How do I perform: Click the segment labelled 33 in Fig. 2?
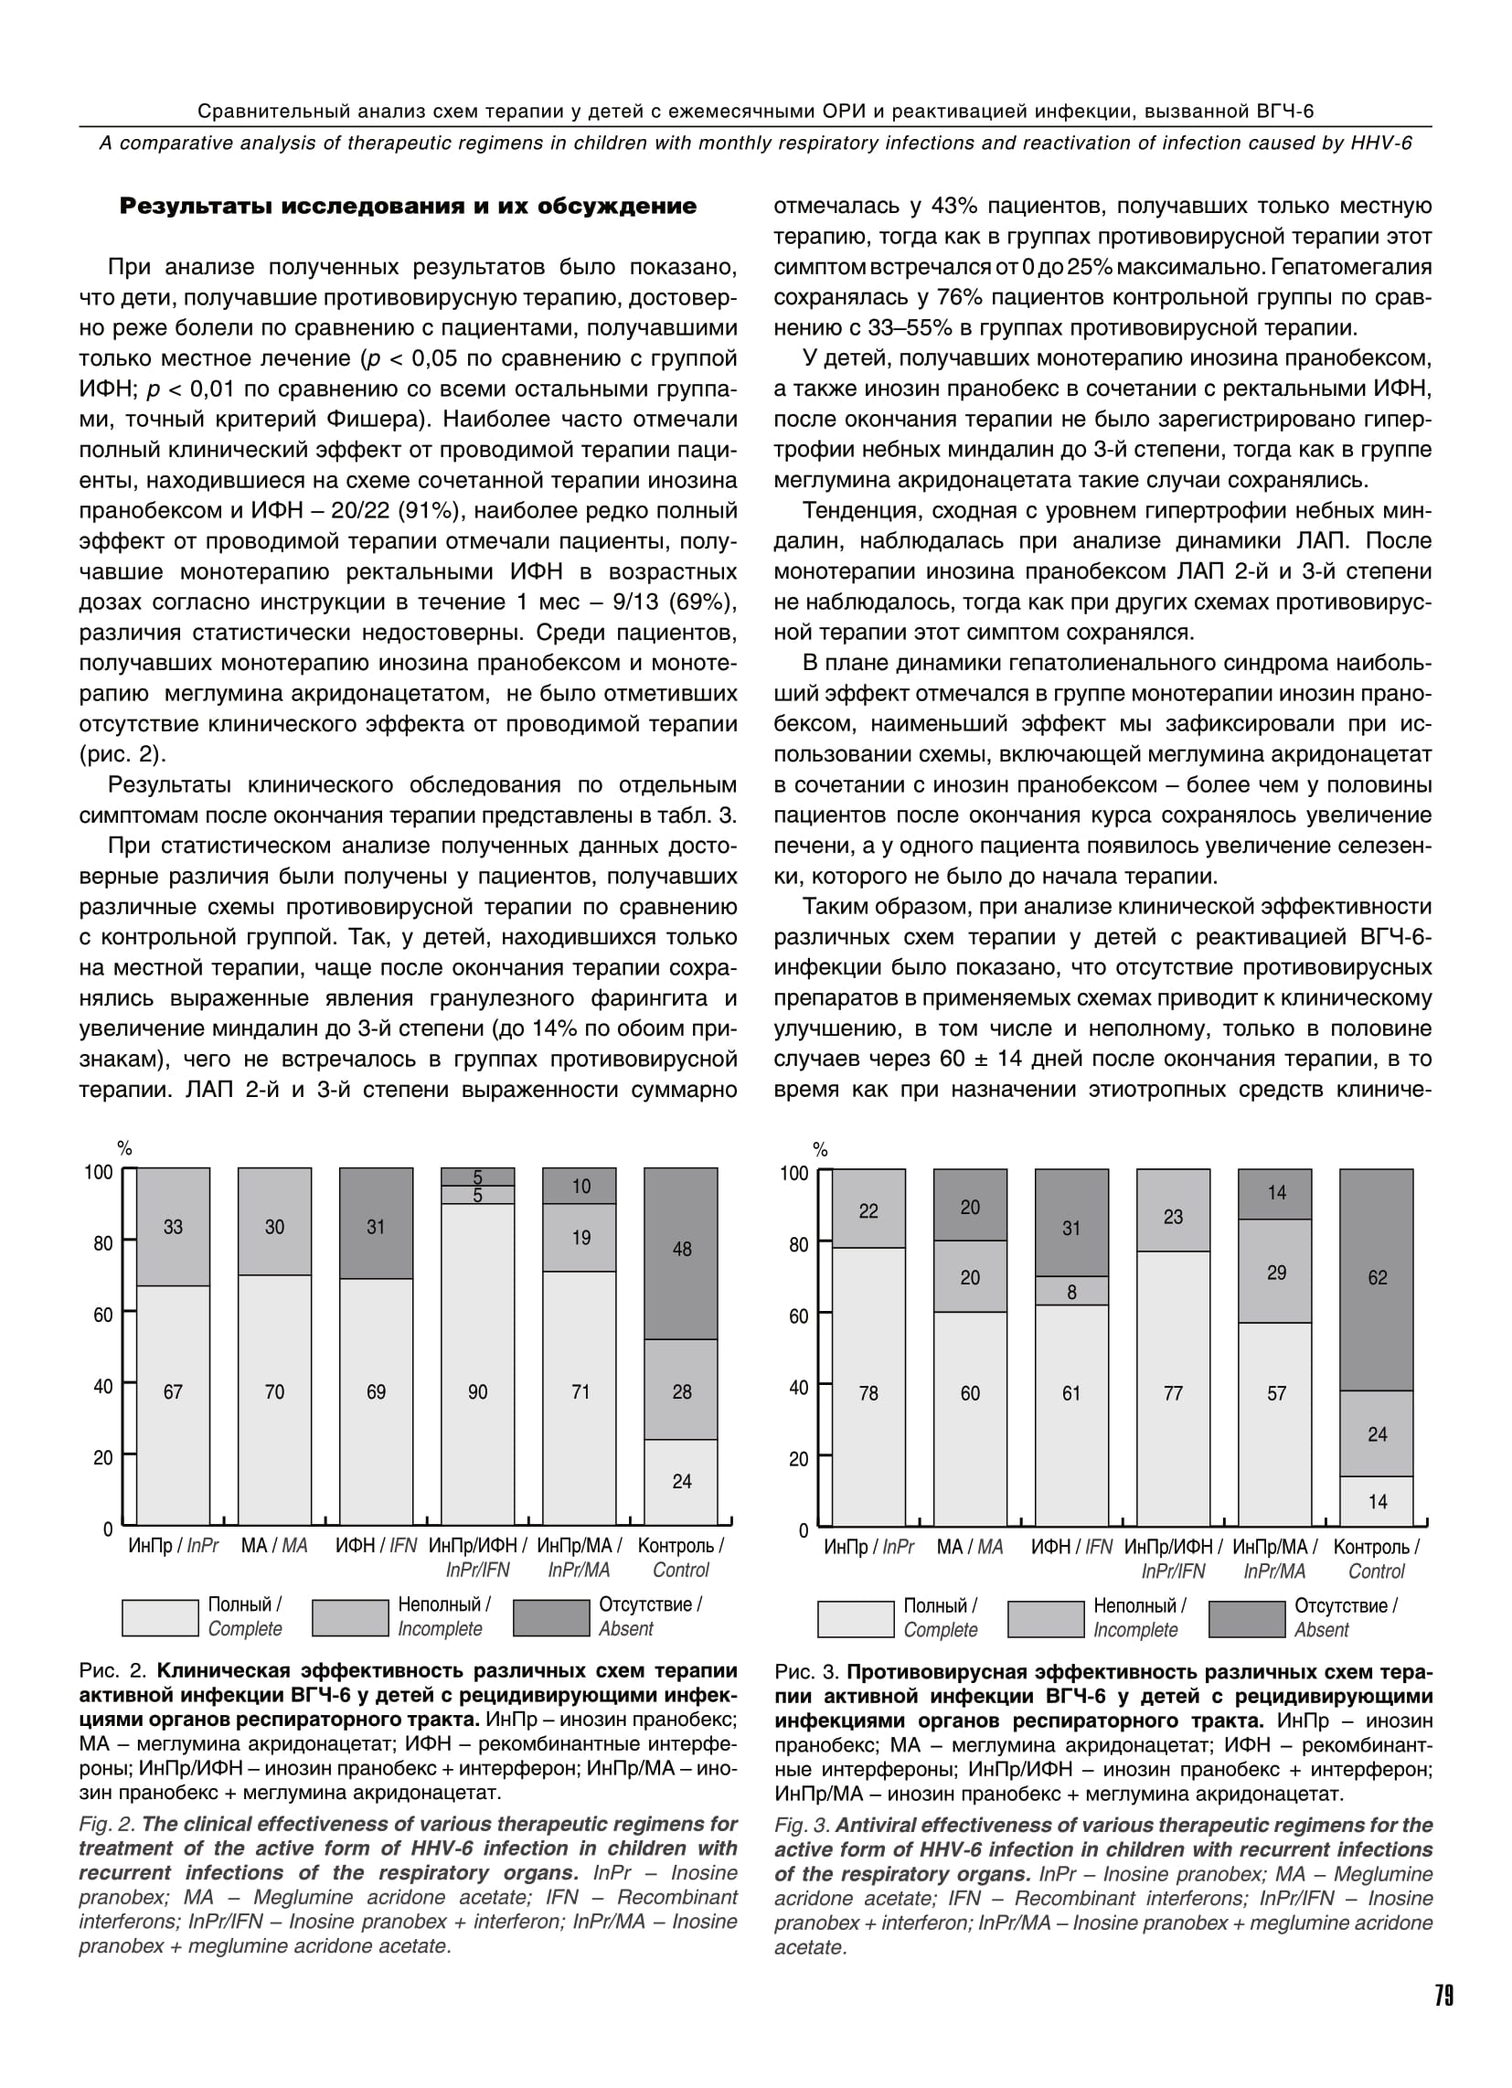pyautogui.click(x=173, y=1227)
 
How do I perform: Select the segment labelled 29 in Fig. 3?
pyautogui.click(x=1275, y=1272)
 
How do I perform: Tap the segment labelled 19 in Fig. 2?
pyautogui.click(x=580, y=1237)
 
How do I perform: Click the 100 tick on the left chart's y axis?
pyautogui.click(x=99, y=1172)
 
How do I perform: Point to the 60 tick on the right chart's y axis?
pyautogui.click(x=797, y=1316)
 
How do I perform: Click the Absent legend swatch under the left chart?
pyautogui.click(x=550, y=1617)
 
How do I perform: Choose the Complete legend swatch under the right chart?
pyautogui.click(x=855, y=1618)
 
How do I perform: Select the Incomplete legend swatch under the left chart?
pyautogui.click(x=350, y=1617)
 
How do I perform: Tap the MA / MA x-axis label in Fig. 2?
pyautogui.click(x=274, y=1546)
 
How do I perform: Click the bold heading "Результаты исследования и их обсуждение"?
pyautogui.click(x=408, y=207)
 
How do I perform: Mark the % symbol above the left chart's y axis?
pyautogui.click(x=124, y=1148)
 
